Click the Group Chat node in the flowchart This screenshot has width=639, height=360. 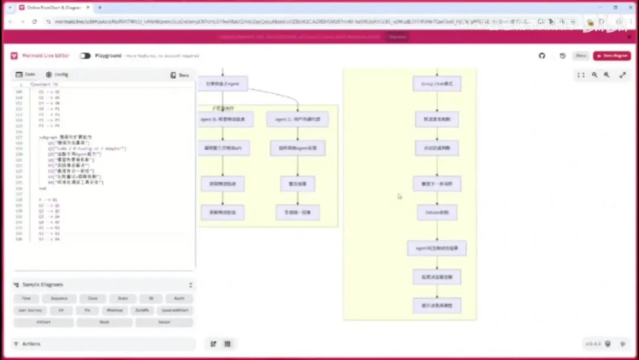click(437, 84)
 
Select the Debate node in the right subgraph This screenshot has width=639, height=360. click(437, 212)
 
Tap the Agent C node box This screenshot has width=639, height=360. click(298, 119)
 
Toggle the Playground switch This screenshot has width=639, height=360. click(85, 56)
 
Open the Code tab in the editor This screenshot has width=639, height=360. click(25, 75)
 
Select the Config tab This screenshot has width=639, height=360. click(57, 75)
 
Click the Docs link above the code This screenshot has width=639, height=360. click(180, 75)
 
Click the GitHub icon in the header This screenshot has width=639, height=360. click(542, 56)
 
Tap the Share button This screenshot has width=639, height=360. click(581, 56)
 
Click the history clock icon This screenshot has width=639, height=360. click(562, 56)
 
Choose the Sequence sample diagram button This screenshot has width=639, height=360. click(59, 299)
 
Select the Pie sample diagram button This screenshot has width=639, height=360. click(88, 310)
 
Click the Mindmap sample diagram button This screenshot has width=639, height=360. click(115, 310)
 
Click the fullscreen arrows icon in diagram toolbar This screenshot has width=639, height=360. click(622, 75)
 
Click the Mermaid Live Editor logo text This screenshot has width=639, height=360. click(46, 56)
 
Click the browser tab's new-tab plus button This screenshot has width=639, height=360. click(99, 8)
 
